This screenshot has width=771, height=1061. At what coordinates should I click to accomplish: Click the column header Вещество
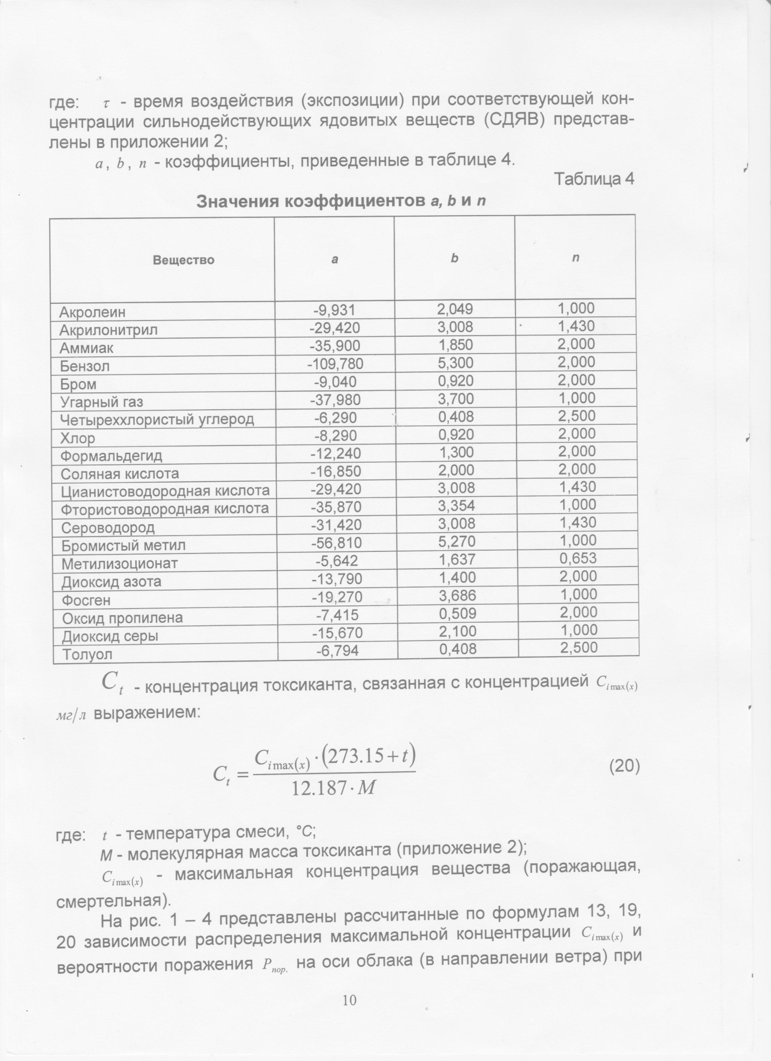pyautogui.click(x=183, y=260)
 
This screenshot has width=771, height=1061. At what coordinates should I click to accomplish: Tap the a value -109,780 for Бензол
pyautogui.click(x=335, y=364)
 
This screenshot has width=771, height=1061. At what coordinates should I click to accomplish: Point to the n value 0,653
pyautogui.click(x=578, y=558)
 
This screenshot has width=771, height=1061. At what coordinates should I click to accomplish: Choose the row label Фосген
pyautogui.click(x=86, y=600)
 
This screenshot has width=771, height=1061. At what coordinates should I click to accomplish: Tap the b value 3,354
pyautogui.click(x=457, y=506)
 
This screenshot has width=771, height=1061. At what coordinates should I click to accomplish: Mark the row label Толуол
pyautogui.click(x=88, y=655)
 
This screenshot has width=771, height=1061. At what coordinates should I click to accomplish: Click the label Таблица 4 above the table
pyautogui.click(x=594, y=179)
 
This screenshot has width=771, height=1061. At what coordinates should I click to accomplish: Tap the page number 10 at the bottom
pyautogui.click(x=350, y=1000)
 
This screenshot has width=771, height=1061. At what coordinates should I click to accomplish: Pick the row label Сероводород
pyautogui.click(x=108, y=528)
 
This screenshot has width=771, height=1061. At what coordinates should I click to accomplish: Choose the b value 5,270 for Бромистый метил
pyautogui.click(x=456, y=542)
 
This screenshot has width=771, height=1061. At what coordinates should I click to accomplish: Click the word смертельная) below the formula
pyautogui.click(x=111, y=901)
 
